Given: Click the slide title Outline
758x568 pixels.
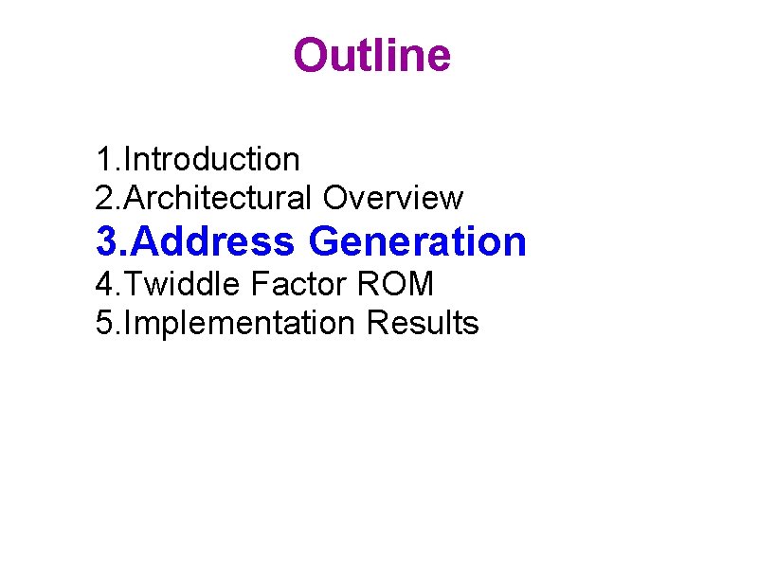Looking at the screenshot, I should pyautogui.click(x=371, y=55).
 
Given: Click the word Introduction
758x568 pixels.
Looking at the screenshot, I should pyautogui.click(x=212, y=159).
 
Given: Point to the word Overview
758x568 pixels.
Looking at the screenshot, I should pyautogui.click(x=392, y=198).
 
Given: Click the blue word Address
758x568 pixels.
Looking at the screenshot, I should pyautogui.click(x=213, y=241).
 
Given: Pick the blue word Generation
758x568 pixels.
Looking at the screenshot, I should pyautogui.click(x=417, y=241).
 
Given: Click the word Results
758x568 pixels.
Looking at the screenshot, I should pyautogui.click(x=422, y=323).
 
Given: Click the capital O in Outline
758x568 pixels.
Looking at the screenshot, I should pyautogui.click(x=311, y=55).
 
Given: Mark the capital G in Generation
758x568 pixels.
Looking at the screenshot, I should pyautogui.click(x=324, y=241).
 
